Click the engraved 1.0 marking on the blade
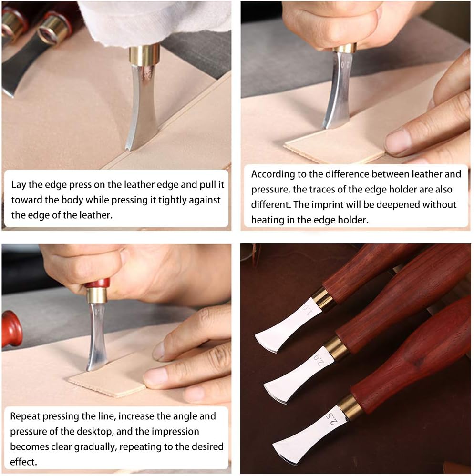tap(308, 310)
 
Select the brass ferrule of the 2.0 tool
tap(336, 349)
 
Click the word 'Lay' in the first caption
tap(19, 185)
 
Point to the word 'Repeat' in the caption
tap(25, 416)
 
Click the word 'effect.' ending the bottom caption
tap(23, 462)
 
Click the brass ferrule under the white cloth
tap(144, 55)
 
